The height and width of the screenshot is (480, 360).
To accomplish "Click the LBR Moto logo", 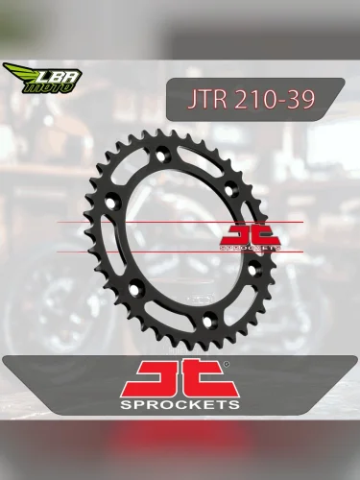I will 43,77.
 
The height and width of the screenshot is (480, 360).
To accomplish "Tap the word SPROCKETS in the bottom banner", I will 180,406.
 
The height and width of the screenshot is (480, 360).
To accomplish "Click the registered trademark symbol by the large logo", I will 228,365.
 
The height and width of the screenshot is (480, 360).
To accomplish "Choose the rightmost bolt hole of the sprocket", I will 252,270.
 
